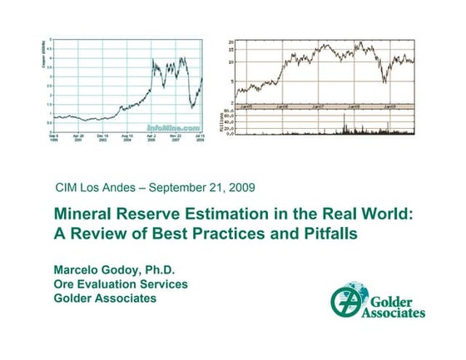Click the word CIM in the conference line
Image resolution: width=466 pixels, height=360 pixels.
[67, 186]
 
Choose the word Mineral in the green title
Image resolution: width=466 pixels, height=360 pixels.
[85, 215]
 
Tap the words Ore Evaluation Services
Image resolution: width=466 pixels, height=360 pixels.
[121, 284]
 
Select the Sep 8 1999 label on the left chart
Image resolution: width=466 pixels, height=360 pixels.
[52, 138]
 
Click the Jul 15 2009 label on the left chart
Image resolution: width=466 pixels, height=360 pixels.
[200, 138]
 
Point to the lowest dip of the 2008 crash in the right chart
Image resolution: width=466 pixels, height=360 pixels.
[384, 81]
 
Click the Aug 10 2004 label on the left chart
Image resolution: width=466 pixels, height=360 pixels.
[126, 138]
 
